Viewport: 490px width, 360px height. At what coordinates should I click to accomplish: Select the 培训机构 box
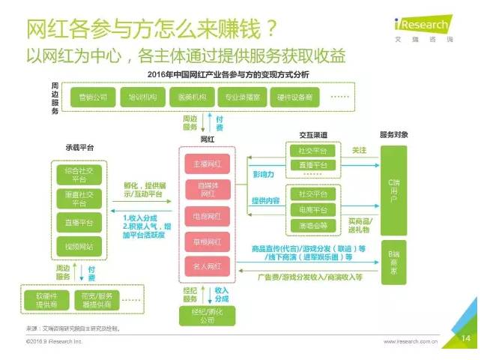142,97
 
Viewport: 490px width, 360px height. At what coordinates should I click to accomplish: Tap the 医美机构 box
190,97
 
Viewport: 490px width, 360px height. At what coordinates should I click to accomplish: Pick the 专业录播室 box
242,97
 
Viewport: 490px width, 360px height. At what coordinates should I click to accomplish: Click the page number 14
465,339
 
